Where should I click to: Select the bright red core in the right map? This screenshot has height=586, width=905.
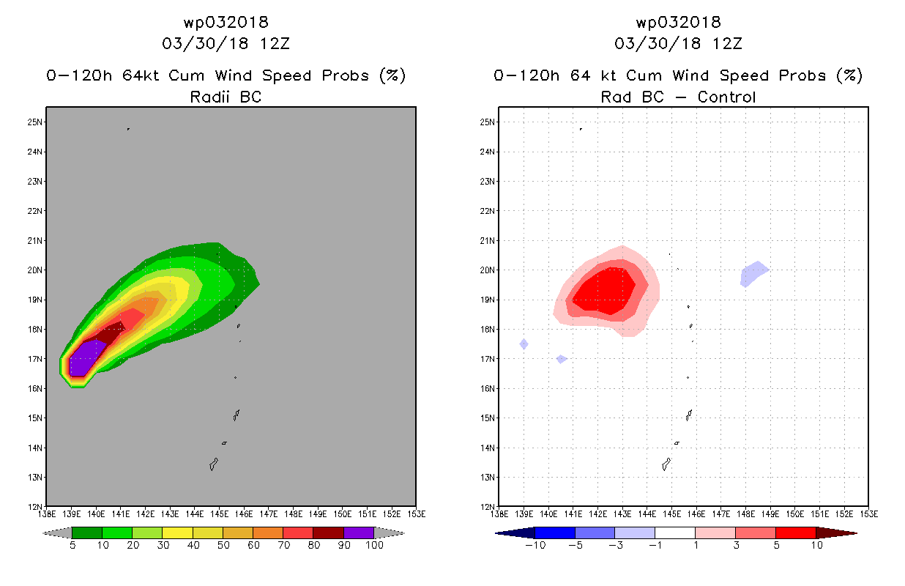pyautogui.click(x=604, y=291)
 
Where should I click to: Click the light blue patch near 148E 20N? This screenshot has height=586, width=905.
pyautogui.click(x=754, y=274)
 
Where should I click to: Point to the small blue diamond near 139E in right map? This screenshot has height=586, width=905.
pyautogui.click(x=524, y=344)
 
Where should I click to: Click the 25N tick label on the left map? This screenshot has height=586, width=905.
pyautogui.click(x=34, y=122)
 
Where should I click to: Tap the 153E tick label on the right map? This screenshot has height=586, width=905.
pyautogui.click(x=868, y=514)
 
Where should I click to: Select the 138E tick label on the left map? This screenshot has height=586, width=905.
pyautogui.click(x=46, y=514)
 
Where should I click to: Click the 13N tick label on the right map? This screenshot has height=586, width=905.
pyautogui.click(x=487, y=478)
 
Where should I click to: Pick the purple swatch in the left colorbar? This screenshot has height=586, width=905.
pyautogui.click(x=359, y=533)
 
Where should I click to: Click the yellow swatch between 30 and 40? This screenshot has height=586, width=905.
pyautogui.click(x=177, y=533)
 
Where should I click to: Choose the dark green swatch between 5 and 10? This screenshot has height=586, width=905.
pyautogui.click(x=87, y=533)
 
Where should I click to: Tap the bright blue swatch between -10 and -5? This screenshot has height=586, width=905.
pyautogui.click(x=555, y=533)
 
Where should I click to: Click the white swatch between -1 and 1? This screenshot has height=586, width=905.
pyautogui.click(x=675, y=533)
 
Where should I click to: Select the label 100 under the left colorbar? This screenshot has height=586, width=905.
pyautogui.click(x=375, y=545)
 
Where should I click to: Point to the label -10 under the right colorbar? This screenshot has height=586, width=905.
pyautogui.click(x=535, y=545)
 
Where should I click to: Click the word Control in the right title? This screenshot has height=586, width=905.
pyautogui.click(x=726, y=97)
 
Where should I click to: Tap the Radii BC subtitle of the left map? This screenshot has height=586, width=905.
pyautogui.click(x=226, y=97)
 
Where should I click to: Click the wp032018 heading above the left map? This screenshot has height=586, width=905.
pyautogui.click(x=226, y=23)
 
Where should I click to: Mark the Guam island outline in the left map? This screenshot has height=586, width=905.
pyautogui.click(x=214, y=464)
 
